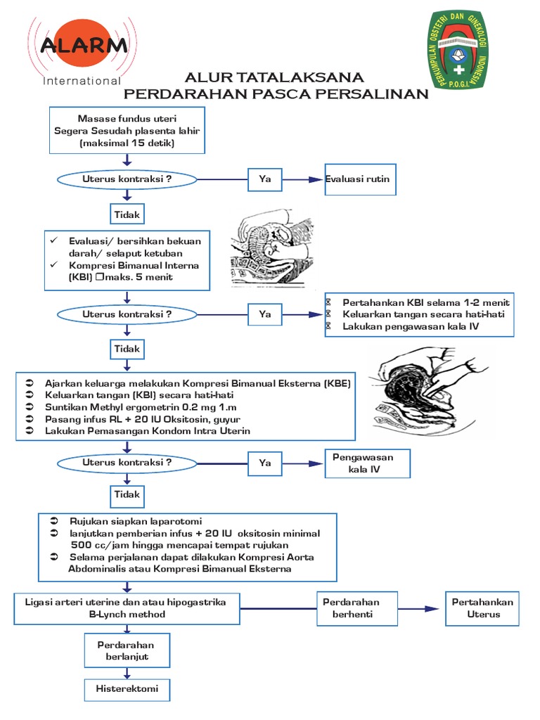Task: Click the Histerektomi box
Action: click(x=127, y=689)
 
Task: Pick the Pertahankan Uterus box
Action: click(x=483, y=608)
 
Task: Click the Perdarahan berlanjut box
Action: click(x=127, y=651)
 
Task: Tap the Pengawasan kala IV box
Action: click(x=366, y=463)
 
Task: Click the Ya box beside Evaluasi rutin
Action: click(x=265, y=179)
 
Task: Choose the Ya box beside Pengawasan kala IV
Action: click(x=265, y=463)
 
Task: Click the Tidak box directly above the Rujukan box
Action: click(x=127, y=495)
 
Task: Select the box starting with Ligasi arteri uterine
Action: click(x=124, y=609)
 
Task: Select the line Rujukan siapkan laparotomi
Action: click(x=136, y=522)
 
